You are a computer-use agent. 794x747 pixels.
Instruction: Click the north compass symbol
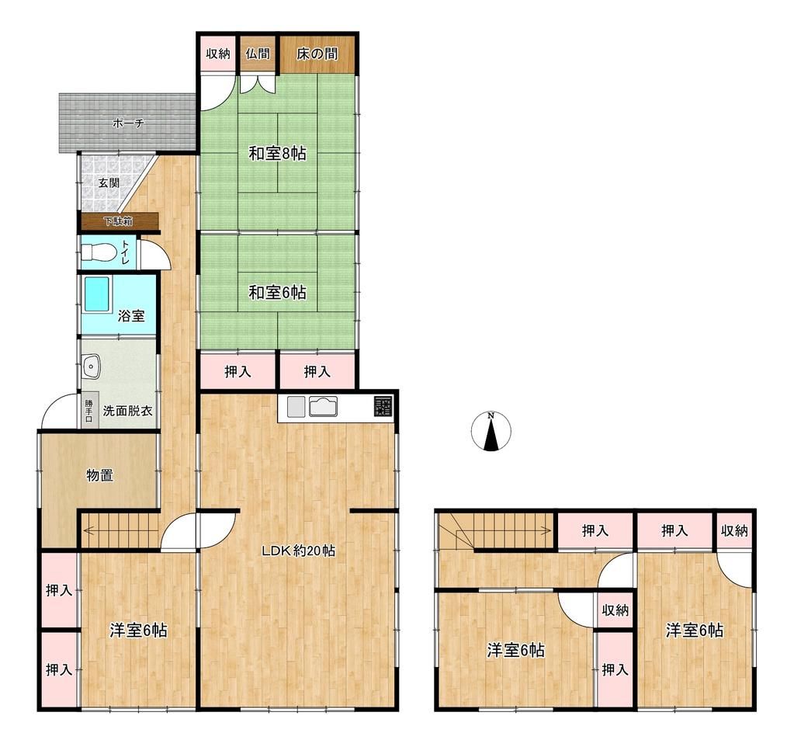[491, 432]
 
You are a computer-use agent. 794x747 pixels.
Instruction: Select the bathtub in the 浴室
[96, 294]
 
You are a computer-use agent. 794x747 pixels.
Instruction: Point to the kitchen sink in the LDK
[323, 407]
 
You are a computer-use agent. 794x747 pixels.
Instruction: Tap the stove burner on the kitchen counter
[383, 406]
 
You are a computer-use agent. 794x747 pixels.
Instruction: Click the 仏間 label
[257, 54]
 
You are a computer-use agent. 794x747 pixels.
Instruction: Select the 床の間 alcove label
[317, 54]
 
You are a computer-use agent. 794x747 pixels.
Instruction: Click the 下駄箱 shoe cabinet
[118, 221]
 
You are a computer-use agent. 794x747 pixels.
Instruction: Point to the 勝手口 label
[88, 411]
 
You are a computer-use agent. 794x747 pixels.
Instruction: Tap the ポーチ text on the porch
[128, 123]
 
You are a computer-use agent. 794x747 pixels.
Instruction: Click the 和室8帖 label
[277, 153]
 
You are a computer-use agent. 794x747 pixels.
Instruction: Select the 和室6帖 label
[277, 292]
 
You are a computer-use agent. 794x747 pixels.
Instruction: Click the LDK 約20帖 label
[298, 551]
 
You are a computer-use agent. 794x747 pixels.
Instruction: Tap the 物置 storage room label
[100, 475]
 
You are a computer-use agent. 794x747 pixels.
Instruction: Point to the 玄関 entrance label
[109, 182]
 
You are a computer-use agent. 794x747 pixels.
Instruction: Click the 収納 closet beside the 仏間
[218, 54]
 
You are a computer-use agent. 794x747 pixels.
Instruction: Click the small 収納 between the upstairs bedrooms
[614, 610]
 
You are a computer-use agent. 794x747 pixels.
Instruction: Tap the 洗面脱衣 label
[127, 411]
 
